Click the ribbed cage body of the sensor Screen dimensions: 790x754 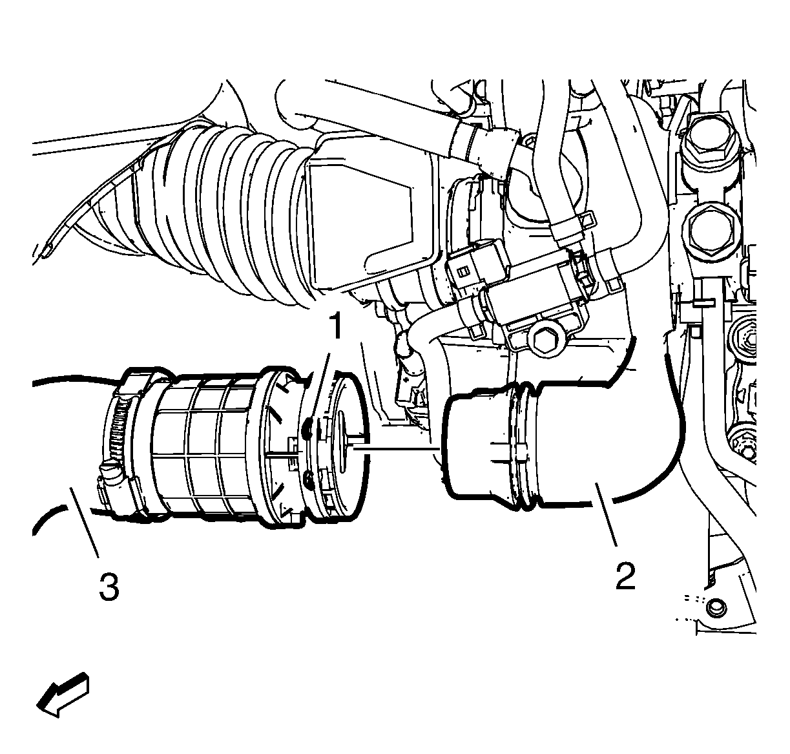tap(207, 445)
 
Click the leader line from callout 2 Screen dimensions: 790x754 tap(605, 514)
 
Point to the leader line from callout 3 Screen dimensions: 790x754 tap(85, 521)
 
